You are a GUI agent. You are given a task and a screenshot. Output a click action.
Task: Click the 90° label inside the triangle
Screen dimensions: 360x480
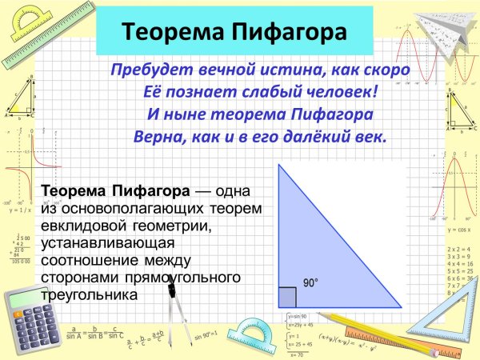click(310, 282)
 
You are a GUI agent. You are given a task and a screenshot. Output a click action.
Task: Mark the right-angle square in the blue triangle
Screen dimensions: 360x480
click(287, 298)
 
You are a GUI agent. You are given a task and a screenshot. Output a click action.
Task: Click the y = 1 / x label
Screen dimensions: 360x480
click(20, 211)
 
